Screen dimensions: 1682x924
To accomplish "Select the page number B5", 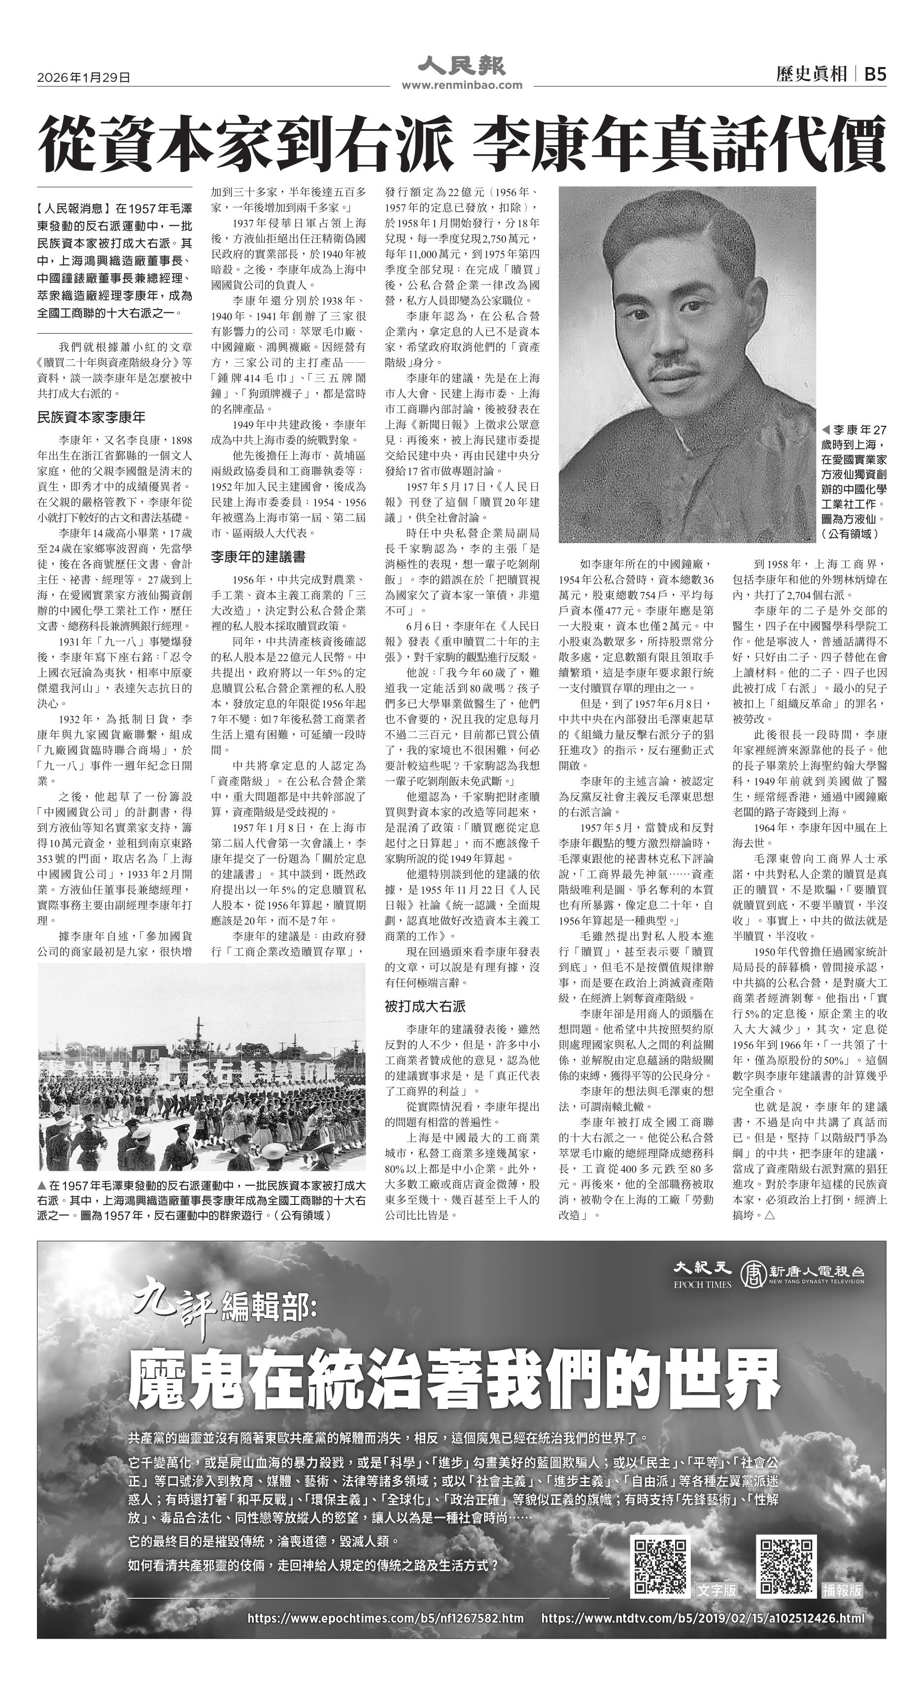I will coord(875,74).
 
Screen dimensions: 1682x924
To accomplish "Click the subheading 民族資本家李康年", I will coord(92,416).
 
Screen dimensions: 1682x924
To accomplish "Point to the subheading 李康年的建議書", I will coord(257,557).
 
